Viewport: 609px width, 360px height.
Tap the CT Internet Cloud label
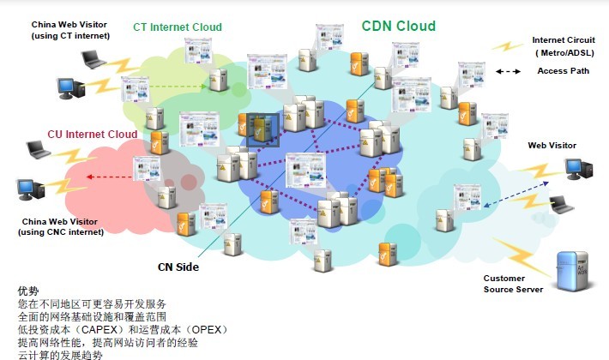[x=178, y=27]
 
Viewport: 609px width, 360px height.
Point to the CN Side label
[x=178, y=267]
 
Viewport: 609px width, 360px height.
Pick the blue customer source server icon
[x=570, y=272]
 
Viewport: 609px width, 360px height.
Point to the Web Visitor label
[x=552, y=146]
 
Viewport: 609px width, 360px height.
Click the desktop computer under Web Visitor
[x=577, y=169]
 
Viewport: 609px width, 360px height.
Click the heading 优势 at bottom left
[x=29, y=291]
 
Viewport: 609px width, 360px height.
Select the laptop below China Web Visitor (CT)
[x=93, y=58]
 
